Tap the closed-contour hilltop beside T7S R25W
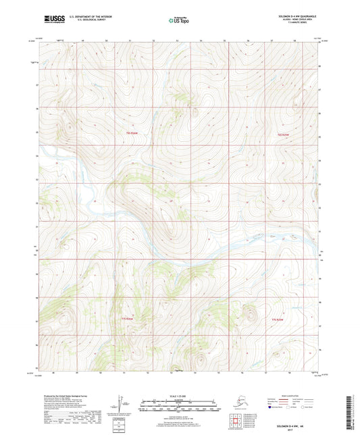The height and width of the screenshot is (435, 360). point(251,313)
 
